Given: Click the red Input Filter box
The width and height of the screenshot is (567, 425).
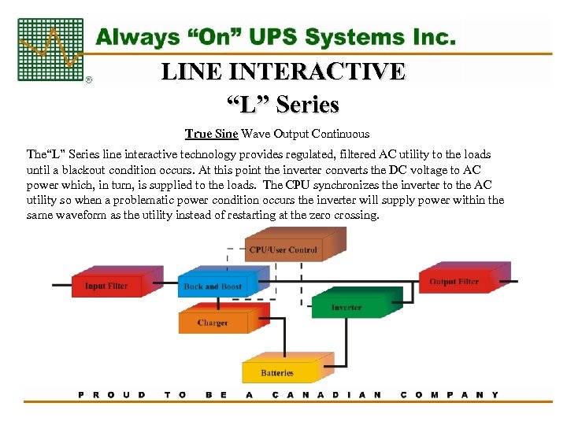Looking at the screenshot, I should tap(107, 285).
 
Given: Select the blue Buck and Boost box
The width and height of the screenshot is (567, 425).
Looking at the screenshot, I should tap(213, 286).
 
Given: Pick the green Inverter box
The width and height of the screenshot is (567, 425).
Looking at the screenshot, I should tap(346, 305).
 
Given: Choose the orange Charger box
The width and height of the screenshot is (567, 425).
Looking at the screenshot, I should tap(213, 322).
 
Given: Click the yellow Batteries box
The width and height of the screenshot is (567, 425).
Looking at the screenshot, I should tap(277, 371).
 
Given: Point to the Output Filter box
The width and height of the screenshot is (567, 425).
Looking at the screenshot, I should tap(454, 281).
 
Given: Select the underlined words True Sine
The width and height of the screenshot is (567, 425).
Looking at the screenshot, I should tap(211, 134).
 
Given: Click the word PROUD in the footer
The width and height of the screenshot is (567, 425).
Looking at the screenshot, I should tap(112, 394).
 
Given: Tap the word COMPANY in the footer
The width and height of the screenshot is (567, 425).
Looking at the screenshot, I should tap(450, 394).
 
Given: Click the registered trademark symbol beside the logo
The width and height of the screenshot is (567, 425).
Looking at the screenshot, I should tap(87, 80).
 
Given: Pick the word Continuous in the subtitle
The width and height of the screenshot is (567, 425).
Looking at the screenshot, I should tap(339, 134).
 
